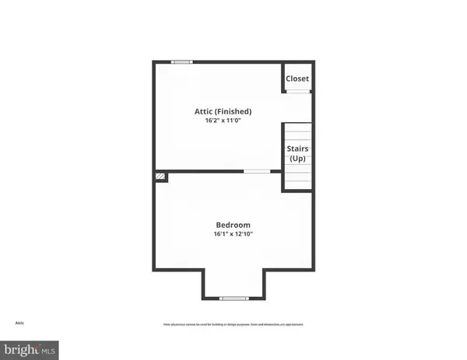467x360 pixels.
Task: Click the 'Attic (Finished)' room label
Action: [223, 111]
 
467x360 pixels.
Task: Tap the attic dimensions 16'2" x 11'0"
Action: [223, 122]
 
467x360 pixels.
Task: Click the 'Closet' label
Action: [297, 79]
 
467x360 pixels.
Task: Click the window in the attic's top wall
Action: [183, 62]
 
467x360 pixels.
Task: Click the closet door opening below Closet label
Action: [297, 92]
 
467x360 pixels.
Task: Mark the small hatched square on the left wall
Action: [160, 177]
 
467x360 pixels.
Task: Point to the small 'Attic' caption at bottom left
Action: [19, 323]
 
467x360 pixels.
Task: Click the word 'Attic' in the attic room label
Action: [203, 111]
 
